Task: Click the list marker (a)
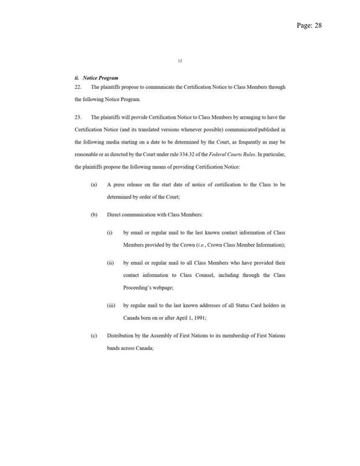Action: point(94,184)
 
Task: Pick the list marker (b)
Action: point(94,215)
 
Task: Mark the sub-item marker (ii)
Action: point(110,263)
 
